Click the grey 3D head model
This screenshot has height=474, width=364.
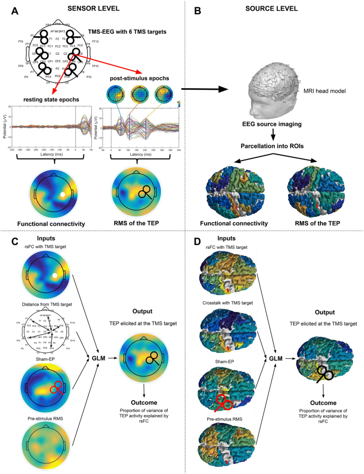268,88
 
